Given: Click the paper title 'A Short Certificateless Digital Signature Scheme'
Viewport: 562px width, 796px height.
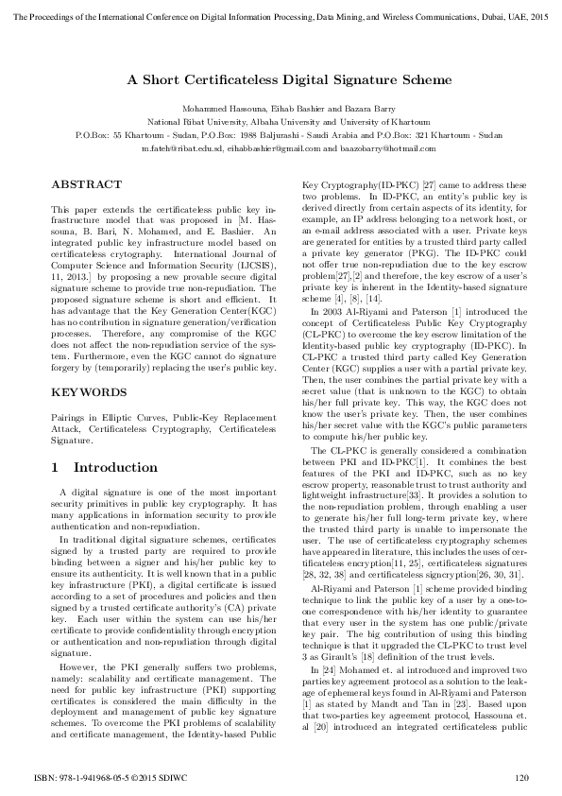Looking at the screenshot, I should click(281, 81).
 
